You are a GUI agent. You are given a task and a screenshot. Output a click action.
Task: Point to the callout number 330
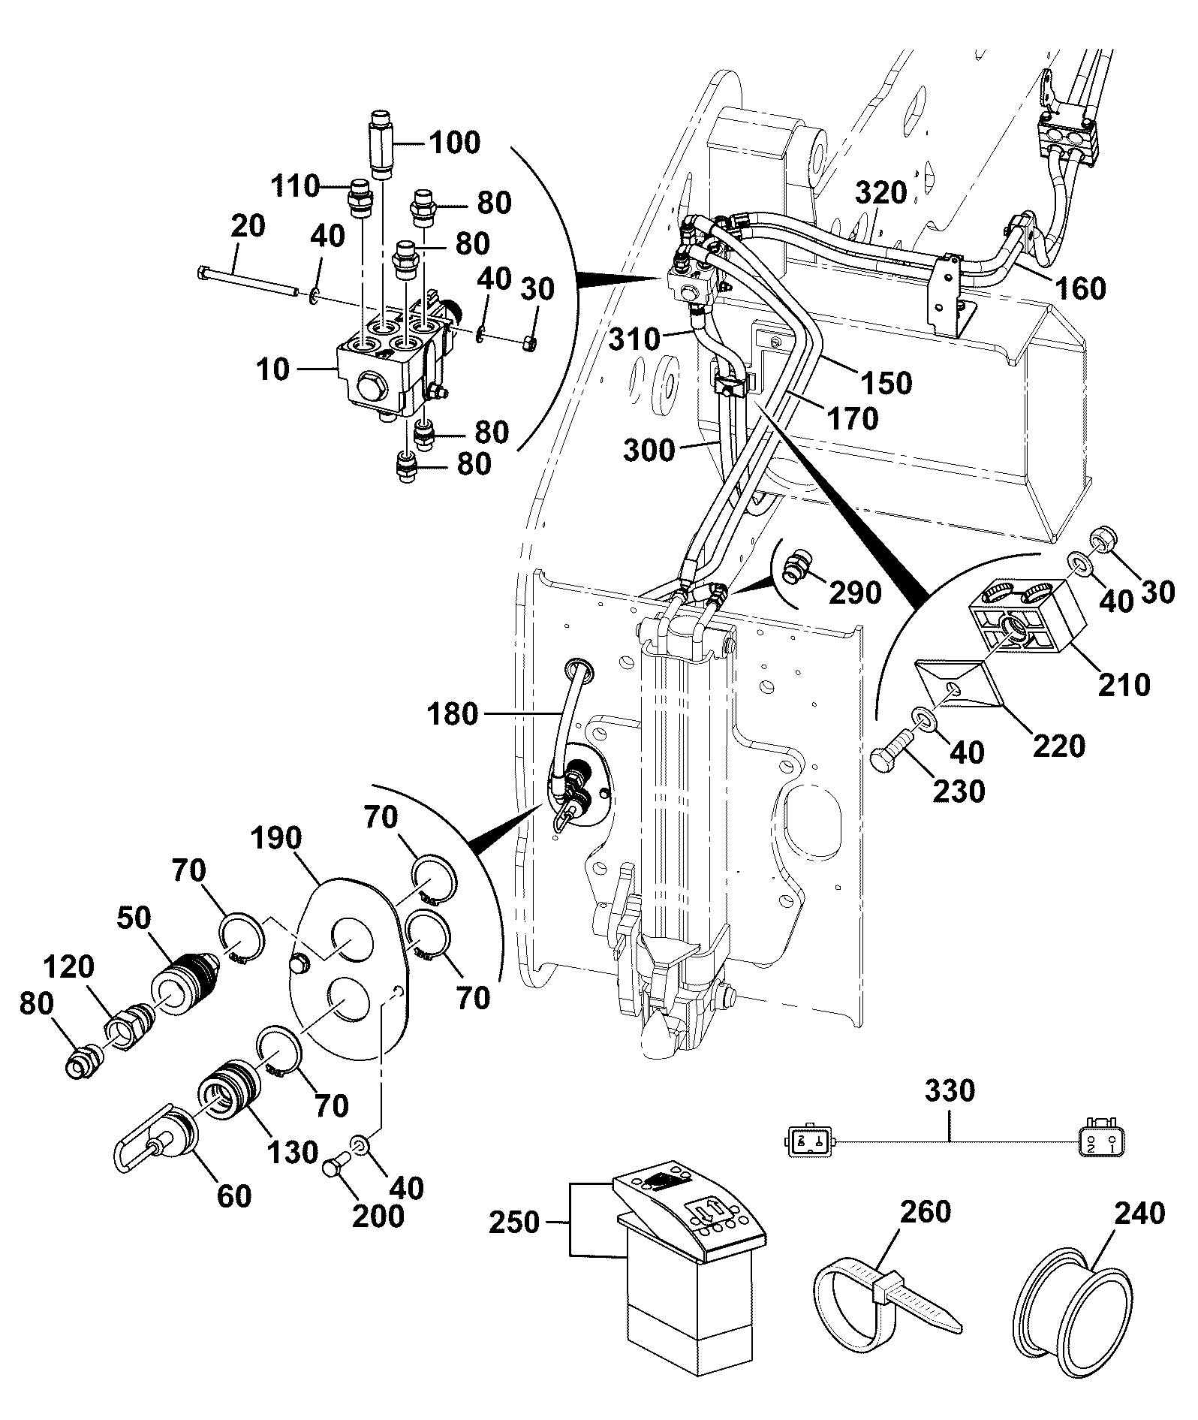pos(950,1090)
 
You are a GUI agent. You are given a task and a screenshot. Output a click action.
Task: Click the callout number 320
pos(882,192)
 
